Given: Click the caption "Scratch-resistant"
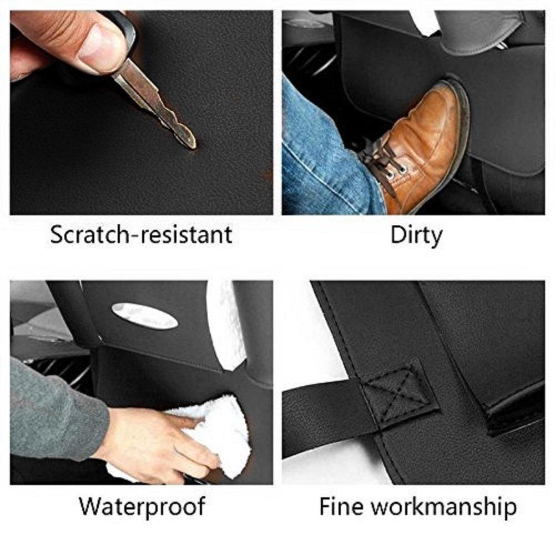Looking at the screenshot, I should coord(141,235).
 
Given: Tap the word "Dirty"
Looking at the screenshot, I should coord(416,235).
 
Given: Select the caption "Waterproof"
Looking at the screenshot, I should coord(141,506).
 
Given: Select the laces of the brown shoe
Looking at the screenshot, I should coord(383,161).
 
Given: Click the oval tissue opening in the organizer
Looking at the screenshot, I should coord(144,315).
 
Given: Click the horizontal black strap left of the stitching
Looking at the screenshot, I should coord(322,411).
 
